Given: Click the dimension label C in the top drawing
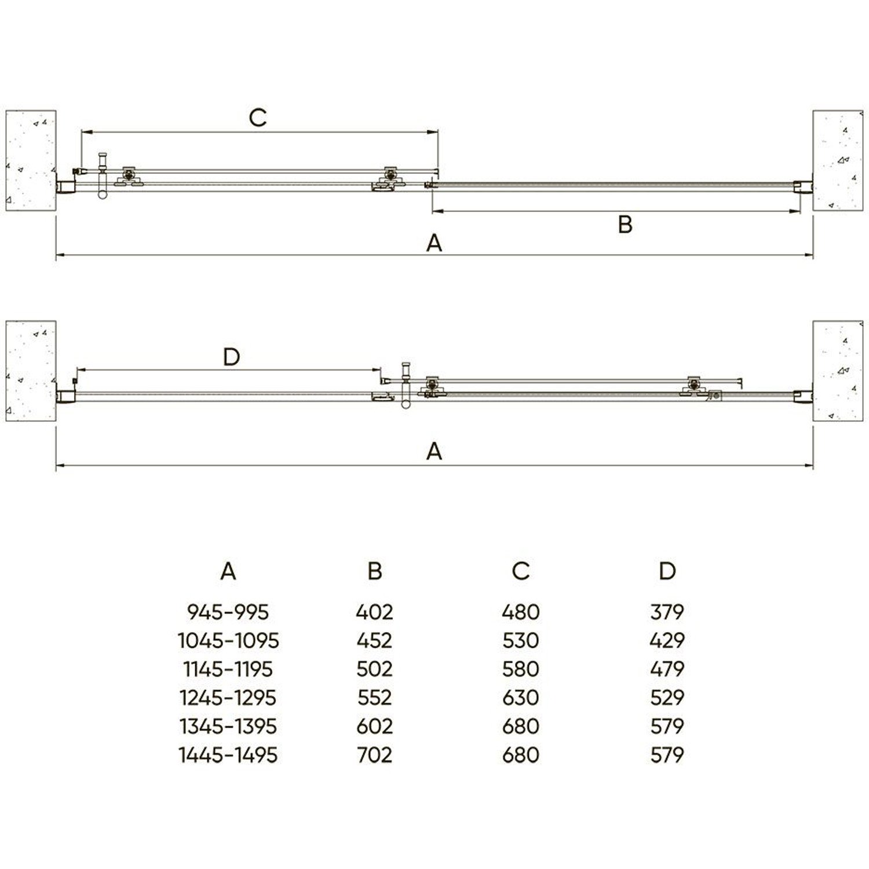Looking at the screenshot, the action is pyautogui.click(x=258, y=118).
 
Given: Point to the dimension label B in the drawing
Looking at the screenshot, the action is pyautogui.click(x=625, y=225).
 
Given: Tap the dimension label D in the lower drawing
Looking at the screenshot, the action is pyautogui.click(x=231, y=357).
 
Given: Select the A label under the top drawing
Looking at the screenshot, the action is pyautogui.click(x=434, y=243).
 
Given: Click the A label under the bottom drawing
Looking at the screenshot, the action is pyautogui.click(x=434, y=451).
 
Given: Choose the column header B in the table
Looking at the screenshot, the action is pyautogui.click(x=375, y=571).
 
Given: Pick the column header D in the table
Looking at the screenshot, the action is pyautogui.click(x=667, y=571).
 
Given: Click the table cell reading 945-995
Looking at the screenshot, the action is pyautogui.click(x=228, y=612).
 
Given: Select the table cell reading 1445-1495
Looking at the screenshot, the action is pyautogui.click(x=228, y=755).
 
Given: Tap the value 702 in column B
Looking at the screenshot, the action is pyautogui.click(x=375, y=755).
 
